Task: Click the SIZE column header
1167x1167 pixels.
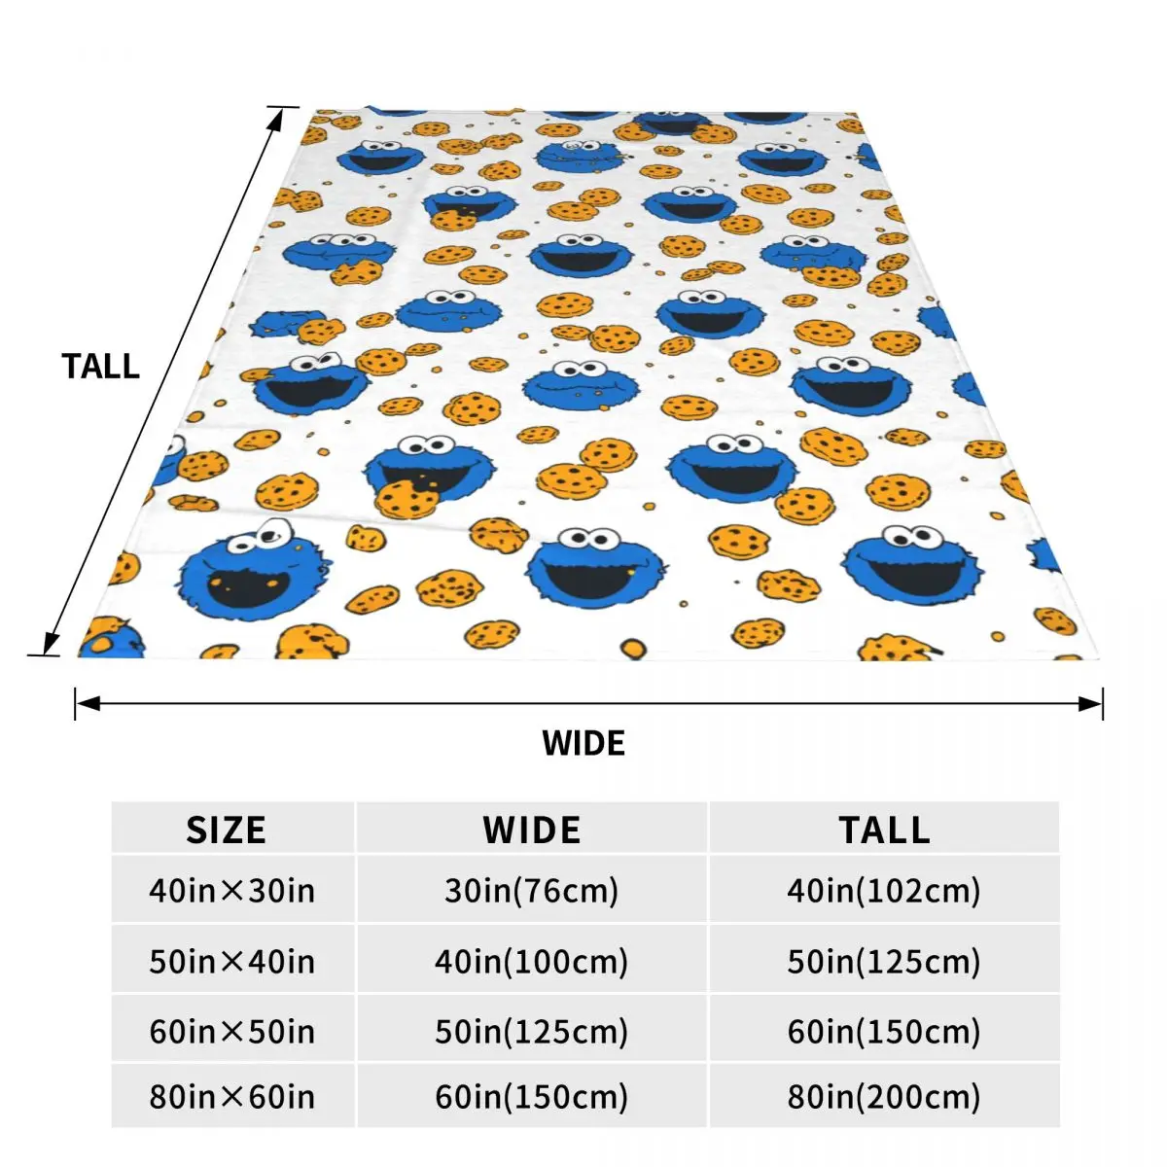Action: coord(226,830)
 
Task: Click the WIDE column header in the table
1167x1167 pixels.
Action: coord(532,830)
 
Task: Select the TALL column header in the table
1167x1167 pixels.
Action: coord(884,830)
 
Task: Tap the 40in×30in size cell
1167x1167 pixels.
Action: coord(231,890)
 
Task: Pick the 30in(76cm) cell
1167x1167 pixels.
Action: coord(532,890)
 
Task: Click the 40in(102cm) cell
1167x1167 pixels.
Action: coord(884,890)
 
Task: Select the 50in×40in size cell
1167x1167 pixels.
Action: coord(231,961)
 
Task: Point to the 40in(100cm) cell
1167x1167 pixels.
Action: coord(532,961)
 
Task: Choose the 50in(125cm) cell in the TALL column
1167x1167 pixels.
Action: coord(884,961)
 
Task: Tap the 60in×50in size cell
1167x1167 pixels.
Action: coord(231,1031)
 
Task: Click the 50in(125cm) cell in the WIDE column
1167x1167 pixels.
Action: coord(532,1031)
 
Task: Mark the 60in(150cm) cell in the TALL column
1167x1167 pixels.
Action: coord(884,1031)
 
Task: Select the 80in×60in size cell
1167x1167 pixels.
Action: coord(231,1097)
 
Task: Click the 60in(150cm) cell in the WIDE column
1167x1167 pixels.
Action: coord(532,1097)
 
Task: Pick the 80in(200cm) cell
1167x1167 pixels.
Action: coord(884,1097)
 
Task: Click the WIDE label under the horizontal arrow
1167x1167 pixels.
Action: coord(583,743)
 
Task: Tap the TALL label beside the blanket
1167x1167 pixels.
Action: coord(100,367)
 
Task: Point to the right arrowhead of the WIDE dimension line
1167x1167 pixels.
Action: coord(1092,703)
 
